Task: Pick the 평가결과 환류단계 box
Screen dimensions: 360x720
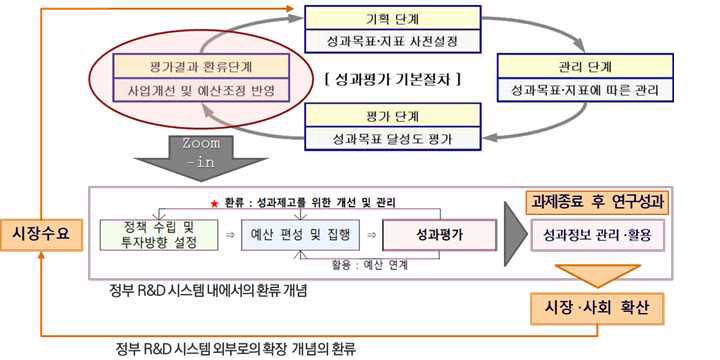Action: tap(201, 66)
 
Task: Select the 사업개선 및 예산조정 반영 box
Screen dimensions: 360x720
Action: tap(201, 91)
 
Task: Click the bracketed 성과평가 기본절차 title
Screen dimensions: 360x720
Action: tap(394, 78)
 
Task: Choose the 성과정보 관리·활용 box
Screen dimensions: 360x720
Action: tap(597, 237)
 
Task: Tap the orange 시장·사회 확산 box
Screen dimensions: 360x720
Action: tap(597, 307)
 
